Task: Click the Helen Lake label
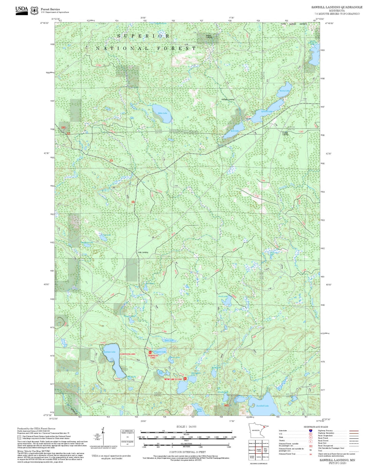pyautogui.click(x=162, y=113)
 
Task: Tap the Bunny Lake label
pyautogui.click(x=284, y=91)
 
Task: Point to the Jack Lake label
pyautogui.click(x=234, y=131)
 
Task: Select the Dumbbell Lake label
pyautogui.click(x=262, y=405)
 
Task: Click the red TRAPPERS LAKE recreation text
pyautogui.click(x=153, y=356)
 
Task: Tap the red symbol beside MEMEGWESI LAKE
pyautogui.click(x=185, y=379)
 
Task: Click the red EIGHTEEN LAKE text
pyautogui.click(x=127, y=354)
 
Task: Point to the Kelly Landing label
pyautogui.click(x=143, y=252)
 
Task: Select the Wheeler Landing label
pyautogui.click(x=228, y=99)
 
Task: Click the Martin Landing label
pyautogui.click(x=209, y=36)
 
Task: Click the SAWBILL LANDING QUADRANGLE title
pyautogui.click(x=337, y=7)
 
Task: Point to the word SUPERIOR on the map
pyautogui.click(x=143, y=36)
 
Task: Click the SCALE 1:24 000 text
pyautogui.click(x=186, y=427)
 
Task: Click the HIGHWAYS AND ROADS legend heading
pyautogui.click(x=316, y=427)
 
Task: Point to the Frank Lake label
pyautogui.click(x=223, y=296)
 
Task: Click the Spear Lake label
pyautogui.click(x=169, y=340)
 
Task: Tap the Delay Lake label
pyautogui.click(x=199, y=410)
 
